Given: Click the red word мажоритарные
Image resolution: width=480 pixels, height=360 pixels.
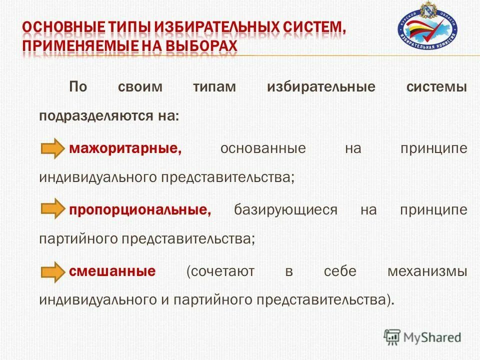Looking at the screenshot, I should (x=125, y=149).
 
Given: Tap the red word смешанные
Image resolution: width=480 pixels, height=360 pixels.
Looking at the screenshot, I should (x=112, y=271).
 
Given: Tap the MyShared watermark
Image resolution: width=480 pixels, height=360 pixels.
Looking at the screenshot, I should (x=422, y=337).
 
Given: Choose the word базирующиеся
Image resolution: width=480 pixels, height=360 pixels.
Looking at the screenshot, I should (x=285, y=210).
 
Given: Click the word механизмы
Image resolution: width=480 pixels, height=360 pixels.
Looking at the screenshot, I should (x=427, y=271).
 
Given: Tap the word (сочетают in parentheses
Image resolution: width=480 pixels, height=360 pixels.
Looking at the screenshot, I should (x=220, y=271).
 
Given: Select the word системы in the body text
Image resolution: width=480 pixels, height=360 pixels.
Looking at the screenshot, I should (x=437, y=86).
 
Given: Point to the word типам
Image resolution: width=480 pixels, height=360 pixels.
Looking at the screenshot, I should (x=214, y=86).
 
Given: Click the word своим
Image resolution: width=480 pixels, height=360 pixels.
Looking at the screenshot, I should (x=140, y=86).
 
